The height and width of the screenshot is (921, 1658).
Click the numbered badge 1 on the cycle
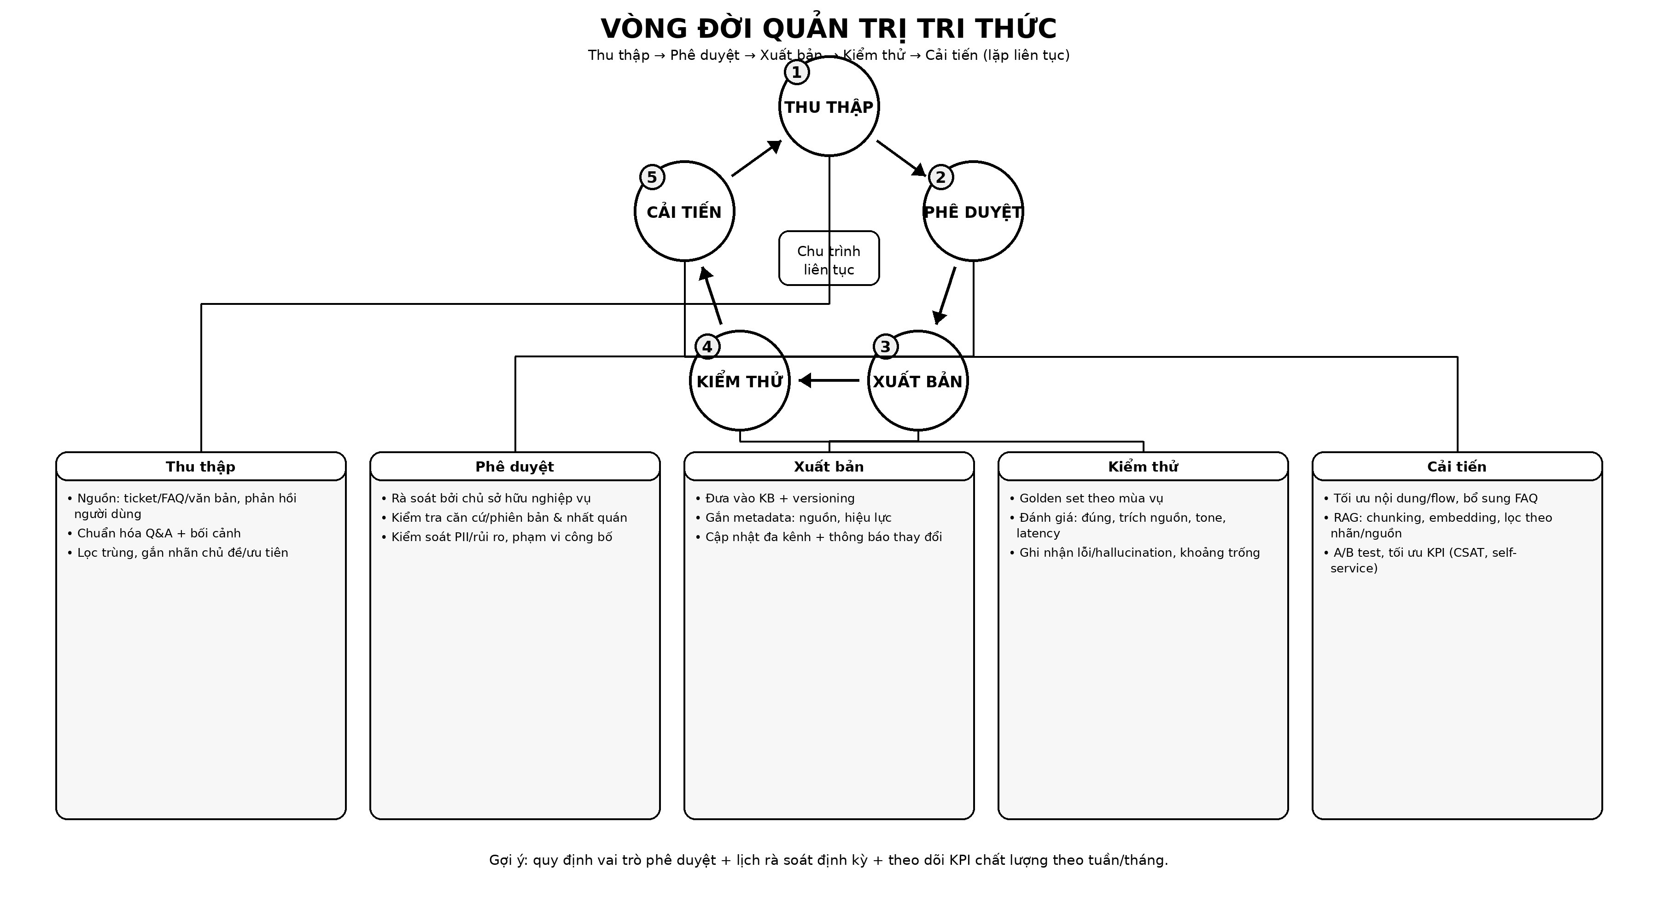(797, 72)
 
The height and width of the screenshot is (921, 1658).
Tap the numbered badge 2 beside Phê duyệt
(941, 177)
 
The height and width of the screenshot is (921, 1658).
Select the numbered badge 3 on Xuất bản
(886, 346)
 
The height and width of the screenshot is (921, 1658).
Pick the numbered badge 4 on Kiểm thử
(707, 346)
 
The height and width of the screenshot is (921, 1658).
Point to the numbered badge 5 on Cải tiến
(652, 177)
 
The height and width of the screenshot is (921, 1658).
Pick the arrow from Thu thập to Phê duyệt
(901, 157)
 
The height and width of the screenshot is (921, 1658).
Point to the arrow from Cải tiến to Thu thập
(756, 157)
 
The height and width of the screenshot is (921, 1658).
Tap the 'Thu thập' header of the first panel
(201, 466)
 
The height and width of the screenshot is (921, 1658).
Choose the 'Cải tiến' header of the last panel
(1457, 466)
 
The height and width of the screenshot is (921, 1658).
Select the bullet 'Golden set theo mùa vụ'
(1091, 498)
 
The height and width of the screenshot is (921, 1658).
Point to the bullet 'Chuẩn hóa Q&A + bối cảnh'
(158, 533)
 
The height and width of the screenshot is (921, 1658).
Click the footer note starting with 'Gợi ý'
(829, 860)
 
